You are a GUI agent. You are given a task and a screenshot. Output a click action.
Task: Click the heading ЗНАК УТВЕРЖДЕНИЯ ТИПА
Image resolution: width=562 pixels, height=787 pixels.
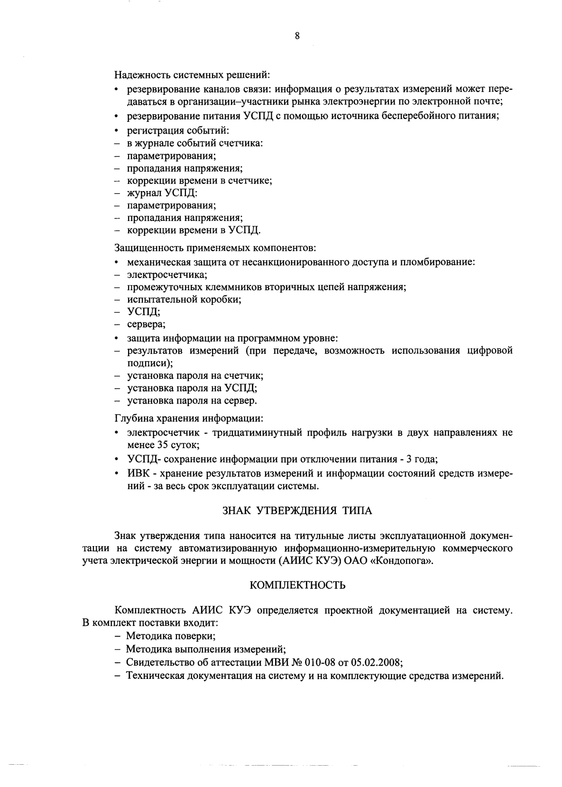(x=297, y=511)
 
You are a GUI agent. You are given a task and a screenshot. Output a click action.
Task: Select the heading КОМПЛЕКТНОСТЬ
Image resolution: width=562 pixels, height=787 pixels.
(x=297, y=585)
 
